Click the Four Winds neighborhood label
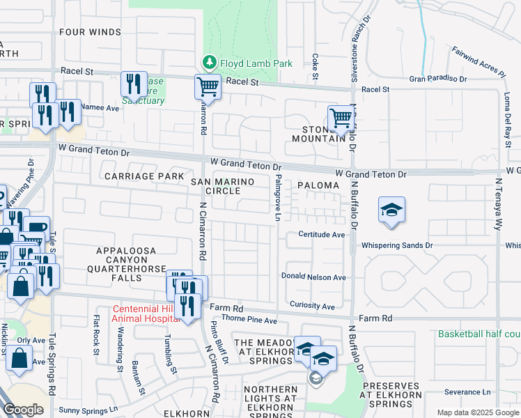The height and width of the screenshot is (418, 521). [90, 31]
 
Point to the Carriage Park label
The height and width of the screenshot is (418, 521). [144, 176]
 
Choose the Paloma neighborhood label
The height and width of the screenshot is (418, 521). [318, 186]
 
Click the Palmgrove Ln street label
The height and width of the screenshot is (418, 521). [277, 199]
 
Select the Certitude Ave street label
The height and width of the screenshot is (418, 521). [322, 235]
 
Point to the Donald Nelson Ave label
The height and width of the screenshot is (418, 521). [313, 277]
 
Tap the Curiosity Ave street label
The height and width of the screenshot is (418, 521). [312, 306]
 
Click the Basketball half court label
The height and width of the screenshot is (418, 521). [479, 334]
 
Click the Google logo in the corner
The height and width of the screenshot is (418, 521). [23, 410]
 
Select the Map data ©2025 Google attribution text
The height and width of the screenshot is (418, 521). [477, 412]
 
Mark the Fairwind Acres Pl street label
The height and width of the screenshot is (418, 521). [478, 61]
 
